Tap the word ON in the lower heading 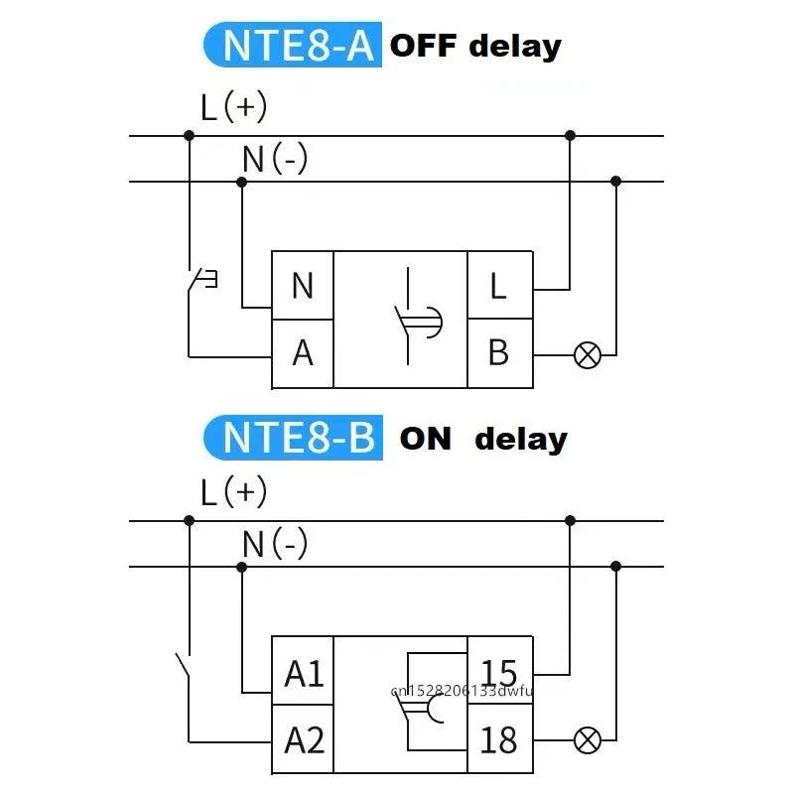coord(426,439)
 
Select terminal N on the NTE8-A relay coord(303,286)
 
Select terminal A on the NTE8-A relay coord(303,352)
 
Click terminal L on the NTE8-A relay coord(499,286)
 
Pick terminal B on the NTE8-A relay coord(499,352)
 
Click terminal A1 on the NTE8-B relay coord(304,674)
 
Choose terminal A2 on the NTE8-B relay coord(304,739)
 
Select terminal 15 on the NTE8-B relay coord(499,674)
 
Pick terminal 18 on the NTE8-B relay coord(499,739)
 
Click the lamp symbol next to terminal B coord(588,354)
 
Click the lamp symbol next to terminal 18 coord(588,739)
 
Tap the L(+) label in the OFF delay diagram coord(233,107)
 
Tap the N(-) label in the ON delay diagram coord(275,543)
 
